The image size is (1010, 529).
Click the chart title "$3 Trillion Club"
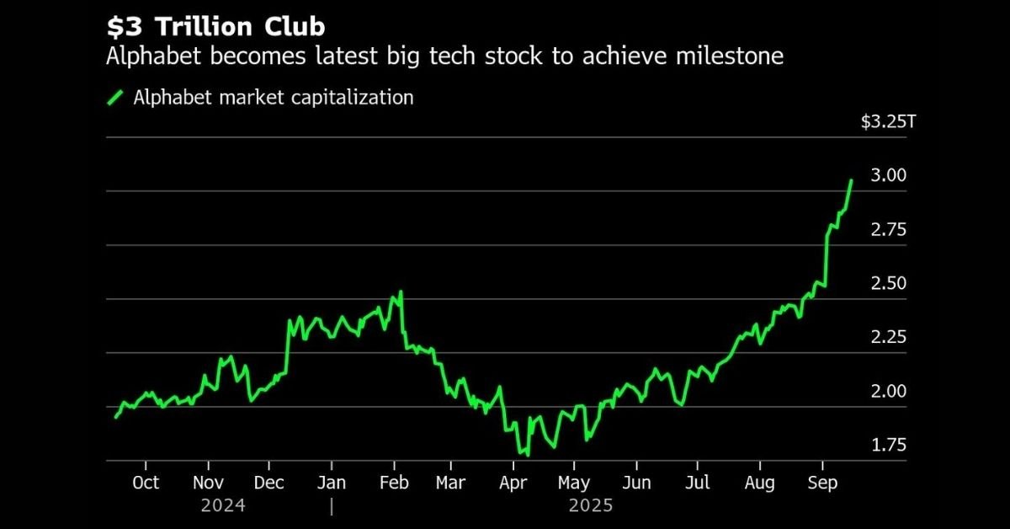(x=215, y=27)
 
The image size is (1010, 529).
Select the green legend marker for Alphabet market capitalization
(x=116, y=98)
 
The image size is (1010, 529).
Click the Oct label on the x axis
(x=146, y=484)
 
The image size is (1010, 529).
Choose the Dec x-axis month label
(x=269, y=484)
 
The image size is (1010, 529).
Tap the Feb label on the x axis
(x=394, y=484)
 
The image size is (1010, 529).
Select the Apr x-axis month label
(x=513, y=484)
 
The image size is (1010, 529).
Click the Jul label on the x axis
(x=697, y=484)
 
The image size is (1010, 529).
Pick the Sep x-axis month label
(x=822, y=484)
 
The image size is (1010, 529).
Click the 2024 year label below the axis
(x=223, y=506)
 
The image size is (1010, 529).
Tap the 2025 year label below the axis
(x=591, y=506)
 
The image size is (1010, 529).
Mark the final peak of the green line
(x=851, y=180)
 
